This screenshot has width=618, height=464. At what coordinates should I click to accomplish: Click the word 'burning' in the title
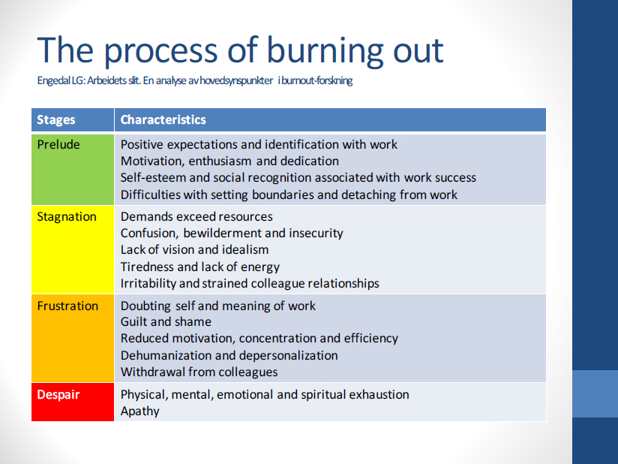coord(325,50)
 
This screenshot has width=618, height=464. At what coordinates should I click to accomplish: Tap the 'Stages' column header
coord(56,120)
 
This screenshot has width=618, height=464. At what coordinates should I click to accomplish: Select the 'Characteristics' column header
coord(163,119)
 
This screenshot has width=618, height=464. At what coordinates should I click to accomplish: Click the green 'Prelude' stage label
coord(58,144)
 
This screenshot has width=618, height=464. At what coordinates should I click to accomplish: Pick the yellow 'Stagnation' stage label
coord(67,217)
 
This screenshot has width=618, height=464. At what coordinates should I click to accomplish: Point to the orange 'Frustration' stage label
coord(67,306)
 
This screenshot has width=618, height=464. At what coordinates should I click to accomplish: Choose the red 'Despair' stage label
coord(58,395)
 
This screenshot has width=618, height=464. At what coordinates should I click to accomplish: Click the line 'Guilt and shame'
coord(166,322)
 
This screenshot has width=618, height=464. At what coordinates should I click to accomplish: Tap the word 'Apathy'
coord(140,411)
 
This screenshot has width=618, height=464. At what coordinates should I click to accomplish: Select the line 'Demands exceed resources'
coord(196,217)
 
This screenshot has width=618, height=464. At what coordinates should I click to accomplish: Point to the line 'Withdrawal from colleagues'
coord(199,372)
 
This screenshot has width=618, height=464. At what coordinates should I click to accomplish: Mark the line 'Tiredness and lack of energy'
coord(199,267)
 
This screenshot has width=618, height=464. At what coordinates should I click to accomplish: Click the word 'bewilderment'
coord(222,234)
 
